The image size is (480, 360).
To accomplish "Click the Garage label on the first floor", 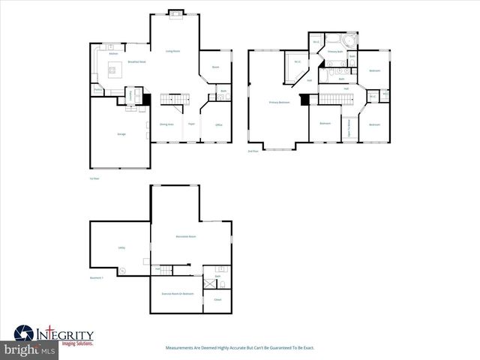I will coord(121,133).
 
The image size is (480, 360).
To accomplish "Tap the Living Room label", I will coord(172,52).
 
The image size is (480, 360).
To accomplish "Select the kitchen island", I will coord(115,72).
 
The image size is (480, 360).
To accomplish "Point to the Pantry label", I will coord(97,91).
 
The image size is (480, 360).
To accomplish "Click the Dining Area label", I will coord(166,124).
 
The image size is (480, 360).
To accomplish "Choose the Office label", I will coord(219,124).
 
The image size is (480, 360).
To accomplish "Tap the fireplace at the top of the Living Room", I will coord(175,12).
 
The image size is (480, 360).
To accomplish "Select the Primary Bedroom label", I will coord(280,102).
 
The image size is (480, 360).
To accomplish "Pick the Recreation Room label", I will coord(186,236).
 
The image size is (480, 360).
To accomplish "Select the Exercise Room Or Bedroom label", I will coord(178,293).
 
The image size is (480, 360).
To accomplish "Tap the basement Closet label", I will coord(217,300).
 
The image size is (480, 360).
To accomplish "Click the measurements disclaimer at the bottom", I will coord(239,348).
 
